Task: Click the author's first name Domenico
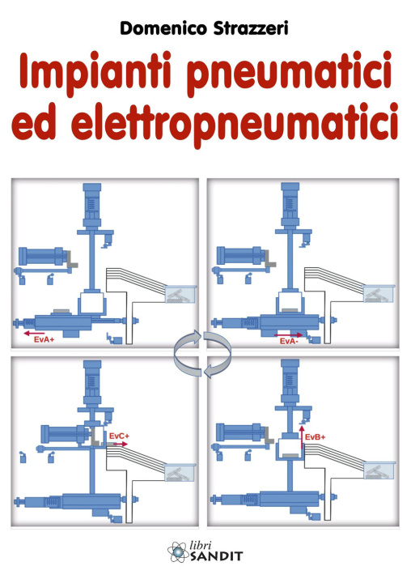tap(163, 28)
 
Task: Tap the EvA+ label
tap(44, 339)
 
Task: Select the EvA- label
tap(289, 341)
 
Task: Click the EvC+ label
tap(119, 436)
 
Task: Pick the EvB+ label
tap(315, 437)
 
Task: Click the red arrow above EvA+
tap(34, 334)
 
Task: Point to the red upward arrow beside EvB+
tap(302, 437)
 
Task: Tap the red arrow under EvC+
tap(120, 444)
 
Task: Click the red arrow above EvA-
tap(289, 335)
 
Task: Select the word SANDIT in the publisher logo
tap(216, 556)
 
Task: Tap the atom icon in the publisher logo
tap(178, 551)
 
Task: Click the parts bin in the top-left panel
tap(180, 295)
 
